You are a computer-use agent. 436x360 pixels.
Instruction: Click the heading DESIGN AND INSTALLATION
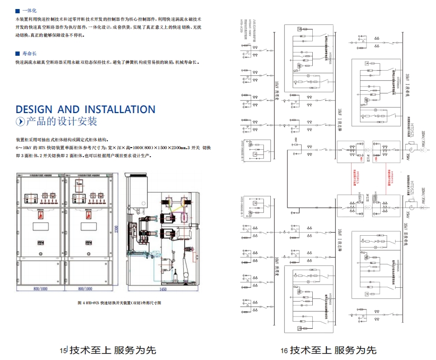point(86,109)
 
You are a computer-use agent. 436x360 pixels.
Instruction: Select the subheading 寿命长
point(30,54)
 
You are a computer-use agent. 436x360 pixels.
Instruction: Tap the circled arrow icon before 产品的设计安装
point(20,122)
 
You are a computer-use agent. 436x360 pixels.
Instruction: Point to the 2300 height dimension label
point(123,229)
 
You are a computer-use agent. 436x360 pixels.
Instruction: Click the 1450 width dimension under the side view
point(163,289)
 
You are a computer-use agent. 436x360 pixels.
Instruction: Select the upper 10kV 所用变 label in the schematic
point(277,88)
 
